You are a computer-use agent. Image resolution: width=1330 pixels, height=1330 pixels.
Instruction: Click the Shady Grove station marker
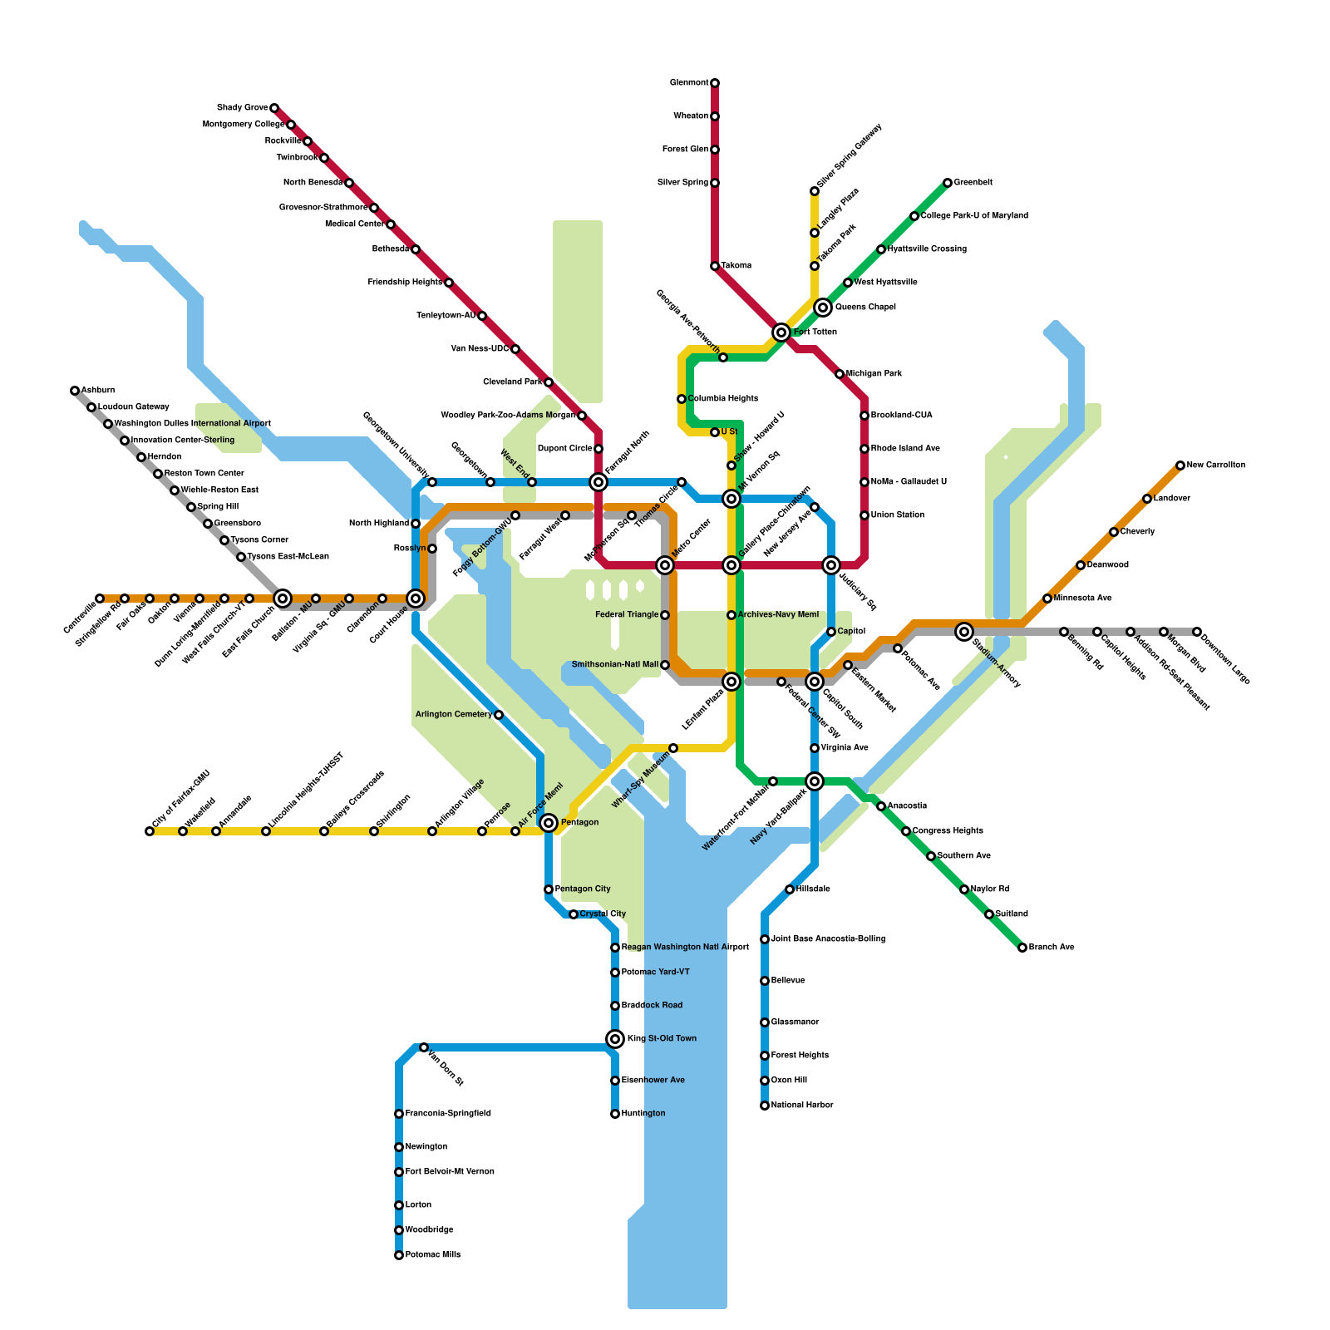(x=274, y=108)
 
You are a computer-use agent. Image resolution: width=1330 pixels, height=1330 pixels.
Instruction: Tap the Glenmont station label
(x=689, y=83)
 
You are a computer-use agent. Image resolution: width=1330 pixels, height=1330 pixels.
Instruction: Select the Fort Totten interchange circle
(x=781, y=332)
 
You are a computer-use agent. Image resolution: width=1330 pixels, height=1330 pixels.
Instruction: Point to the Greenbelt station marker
(x=948, y=183)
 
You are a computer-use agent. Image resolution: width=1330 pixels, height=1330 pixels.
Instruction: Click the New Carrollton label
(x=1216, y=465)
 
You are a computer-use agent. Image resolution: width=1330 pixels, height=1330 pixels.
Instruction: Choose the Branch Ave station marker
(x=1022, y=948)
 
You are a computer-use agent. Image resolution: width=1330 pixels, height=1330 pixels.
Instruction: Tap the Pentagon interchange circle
(x=549, y=823)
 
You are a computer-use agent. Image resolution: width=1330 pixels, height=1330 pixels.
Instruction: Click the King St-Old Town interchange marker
(x=615, y=1039)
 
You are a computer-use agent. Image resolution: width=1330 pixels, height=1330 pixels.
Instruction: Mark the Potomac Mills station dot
(x=399, y=1255)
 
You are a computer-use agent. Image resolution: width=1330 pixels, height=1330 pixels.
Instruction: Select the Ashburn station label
(x=98, y=391)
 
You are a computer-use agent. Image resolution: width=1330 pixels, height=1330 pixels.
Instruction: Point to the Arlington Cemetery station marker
(x=499, y=715)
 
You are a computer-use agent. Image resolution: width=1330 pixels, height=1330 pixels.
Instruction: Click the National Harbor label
(x=802, y=1106)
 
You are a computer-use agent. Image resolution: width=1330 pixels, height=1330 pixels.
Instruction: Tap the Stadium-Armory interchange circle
(x=964, y=632)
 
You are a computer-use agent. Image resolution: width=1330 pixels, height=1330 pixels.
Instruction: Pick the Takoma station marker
(x=715, y=266)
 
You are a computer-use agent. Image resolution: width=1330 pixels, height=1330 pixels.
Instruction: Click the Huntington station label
(x=643, y=1114)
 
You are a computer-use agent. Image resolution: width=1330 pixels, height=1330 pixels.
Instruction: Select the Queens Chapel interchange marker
(x=823, y=308)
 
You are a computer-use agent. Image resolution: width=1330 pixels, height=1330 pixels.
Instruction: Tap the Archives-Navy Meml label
(x=778, y=615)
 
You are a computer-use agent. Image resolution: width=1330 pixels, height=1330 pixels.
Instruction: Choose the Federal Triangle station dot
(x=665, y=615)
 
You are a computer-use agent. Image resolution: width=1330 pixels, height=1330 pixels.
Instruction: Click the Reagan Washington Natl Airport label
(x=685, y=948)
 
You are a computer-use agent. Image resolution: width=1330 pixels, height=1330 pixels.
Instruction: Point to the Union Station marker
(x=864, y=515)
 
